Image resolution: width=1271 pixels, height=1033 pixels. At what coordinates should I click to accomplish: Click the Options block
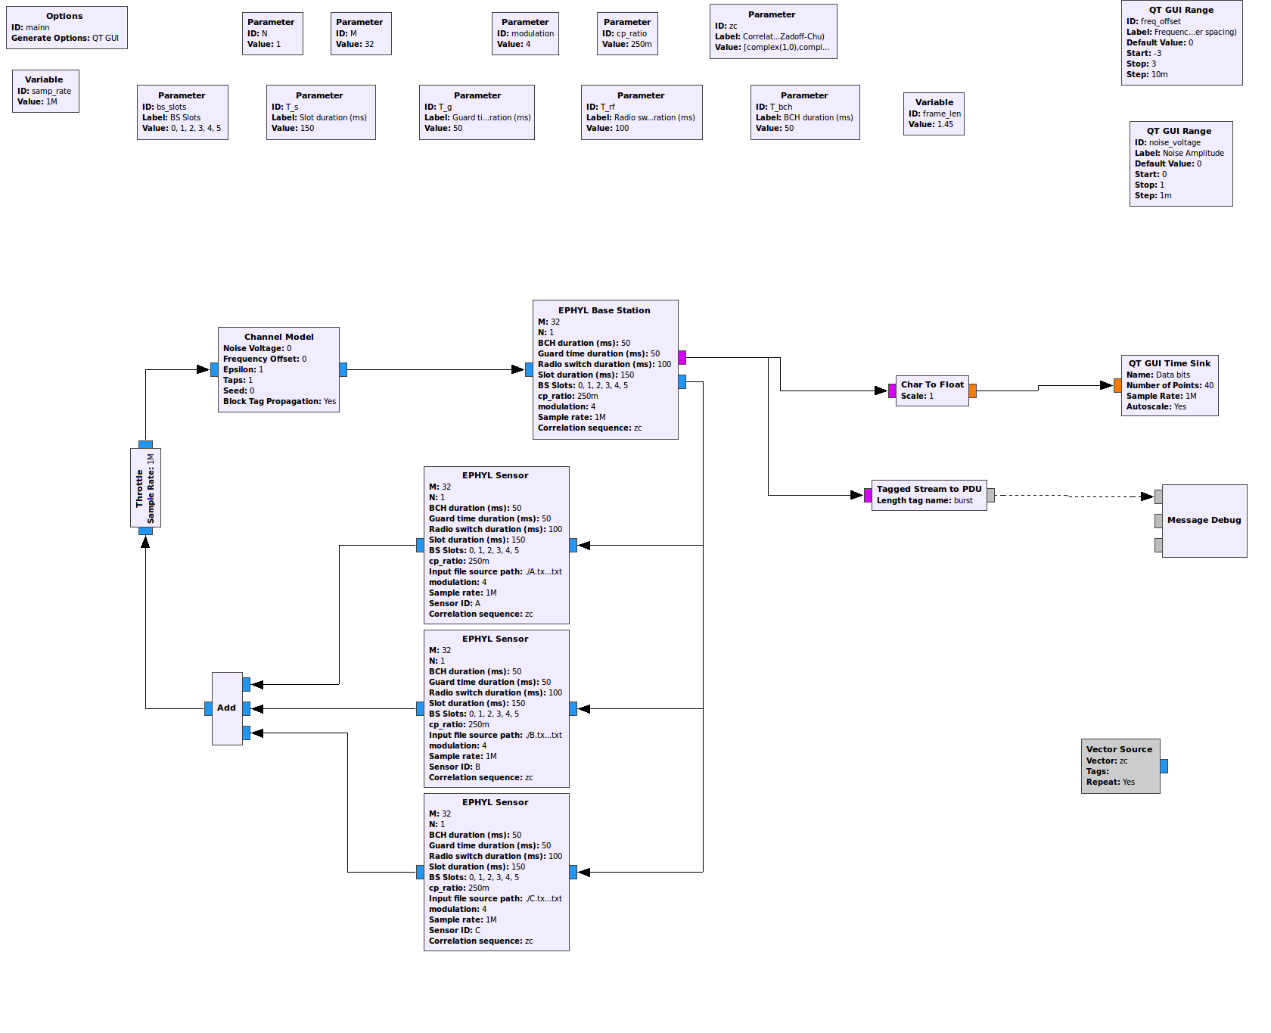pos(67,27)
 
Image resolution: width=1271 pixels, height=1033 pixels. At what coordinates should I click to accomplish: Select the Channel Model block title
pos(278,337)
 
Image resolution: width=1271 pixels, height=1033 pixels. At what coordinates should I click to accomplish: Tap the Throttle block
pos(145,487)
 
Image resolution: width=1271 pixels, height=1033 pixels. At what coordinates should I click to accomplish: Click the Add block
pos(227,708)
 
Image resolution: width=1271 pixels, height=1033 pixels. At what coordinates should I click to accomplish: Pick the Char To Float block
pos(932,390)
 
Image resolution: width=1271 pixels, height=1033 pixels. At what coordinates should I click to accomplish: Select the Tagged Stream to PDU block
pos(929,495)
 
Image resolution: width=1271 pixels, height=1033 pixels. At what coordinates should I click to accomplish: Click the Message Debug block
pos(1204,521)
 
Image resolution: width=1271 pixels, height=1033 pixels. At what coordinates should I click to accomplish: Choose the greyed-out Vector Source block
pos(1120,766)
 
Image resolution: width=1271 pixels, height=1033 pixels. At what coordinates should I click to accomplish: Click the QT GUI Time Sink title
pos(1170,363)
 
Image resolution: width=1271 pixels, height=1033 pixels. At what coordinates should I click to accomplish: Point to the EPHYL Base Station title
pos(604,310)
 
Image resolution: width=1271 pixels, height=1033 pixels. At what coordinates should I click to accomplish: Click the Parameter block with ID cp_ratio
pos(627,33)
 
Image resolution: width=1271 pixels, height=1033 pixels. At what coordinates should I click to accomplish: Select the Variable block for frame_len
pos(934,114)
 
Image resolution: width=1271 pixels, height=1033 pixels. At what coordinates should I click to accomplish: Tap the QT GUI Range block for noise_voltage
pos(1180,163)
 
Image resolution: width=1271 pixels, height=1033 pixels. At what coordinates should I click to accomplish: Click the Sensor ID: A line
pos(455,603)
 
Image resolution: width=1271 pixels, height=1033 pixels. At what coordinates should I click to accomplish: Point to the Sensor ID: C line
pos(455,930)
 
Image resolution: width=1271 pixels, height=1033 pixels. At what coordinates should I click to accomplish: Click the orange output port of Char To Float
pos(972,390)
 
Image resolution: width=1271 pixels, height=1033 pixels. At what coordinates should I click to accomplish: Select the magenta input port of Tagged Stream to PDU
pos(868,496)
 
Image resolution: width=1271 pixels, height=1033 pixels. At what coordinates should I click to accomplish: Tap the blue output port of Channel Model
pos(343,369)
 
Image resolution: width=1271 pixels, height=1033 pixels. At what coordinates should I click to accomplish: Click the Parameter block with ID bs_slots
pos(182,112)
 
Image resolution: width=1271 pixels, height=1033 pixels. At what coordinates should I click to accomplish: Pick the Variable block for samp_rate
pos(45,91)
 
